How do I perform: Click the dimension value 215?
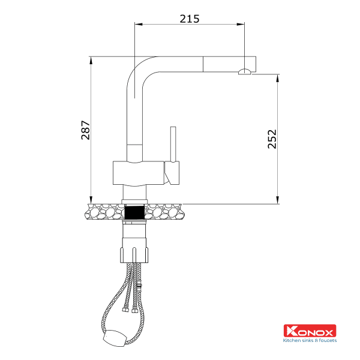pos(189,18)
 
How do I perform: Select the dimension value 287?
pos(85,130)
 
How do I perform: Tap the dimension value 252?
pos(271,140)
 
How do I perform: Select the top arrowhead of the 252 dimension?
pos(277,77)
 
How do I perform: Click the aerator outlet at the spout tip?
pos(245,72)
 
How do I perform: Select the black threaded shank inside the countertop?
pos(134,211)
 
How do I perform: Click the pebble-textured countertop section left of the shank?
pos(105,211)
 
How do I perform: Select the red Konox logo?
pos(310,331)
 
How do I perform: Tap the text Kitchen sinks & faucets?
pos(310,340)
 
